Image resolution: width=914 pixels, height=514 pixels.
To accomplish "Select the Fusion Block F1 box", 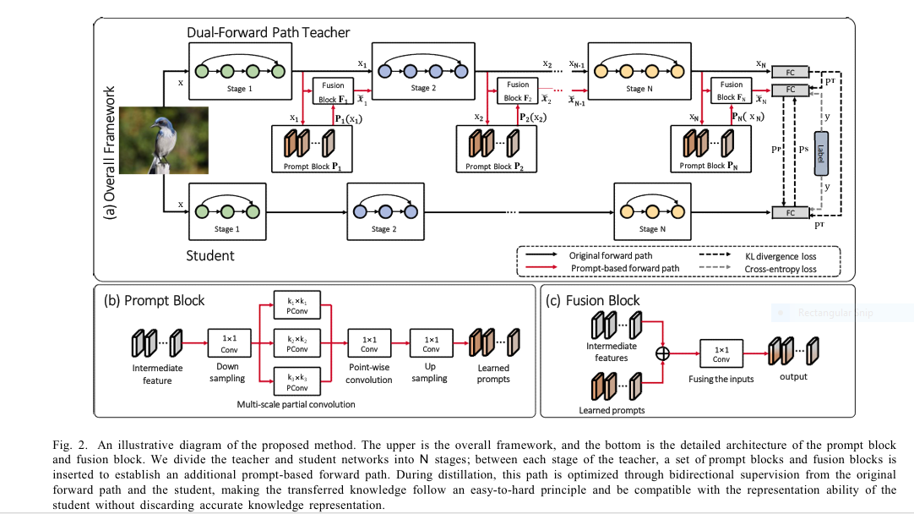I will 333,90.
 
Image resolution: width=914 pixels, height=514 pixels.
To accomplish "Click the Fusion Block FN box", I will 732,90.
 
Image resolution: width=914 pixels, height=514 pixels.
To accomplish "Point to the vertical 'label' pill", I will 820,152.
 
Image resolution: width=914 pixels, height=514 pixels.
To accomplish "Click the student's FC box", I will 791,212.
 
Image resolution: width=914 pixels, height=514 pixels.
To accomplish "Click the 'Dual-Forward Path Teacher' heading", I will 269,33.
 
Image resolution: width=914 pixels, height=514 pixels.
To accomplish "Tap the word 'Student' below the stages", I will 210,254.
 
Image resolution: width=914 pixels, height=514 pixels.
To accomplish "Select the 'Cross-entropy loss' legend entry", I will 781,269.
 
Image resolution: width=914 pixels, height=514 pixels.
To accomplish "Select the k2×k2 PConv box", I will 297,343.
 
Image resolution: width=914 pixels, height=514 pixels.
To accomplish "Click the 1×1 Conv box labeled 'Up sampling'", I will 431,343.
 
